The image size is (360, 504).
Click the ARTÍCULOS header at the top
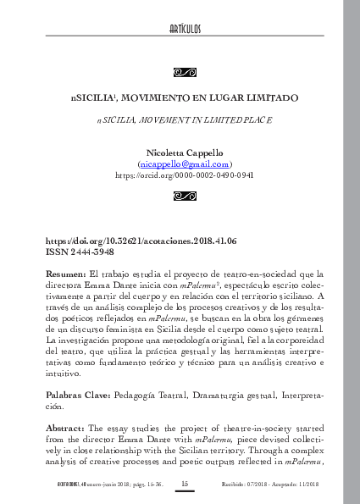(185, 30)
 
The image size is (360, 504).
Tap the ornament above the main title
(185, 71)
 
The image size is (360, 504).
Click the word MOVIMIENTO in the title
(158, 98)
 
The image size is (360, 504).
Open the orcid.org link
(185, 174)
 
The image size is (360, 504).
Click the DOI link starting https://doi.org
(141, 241)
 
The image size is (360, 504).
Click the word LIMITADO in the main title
(267, 98)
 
